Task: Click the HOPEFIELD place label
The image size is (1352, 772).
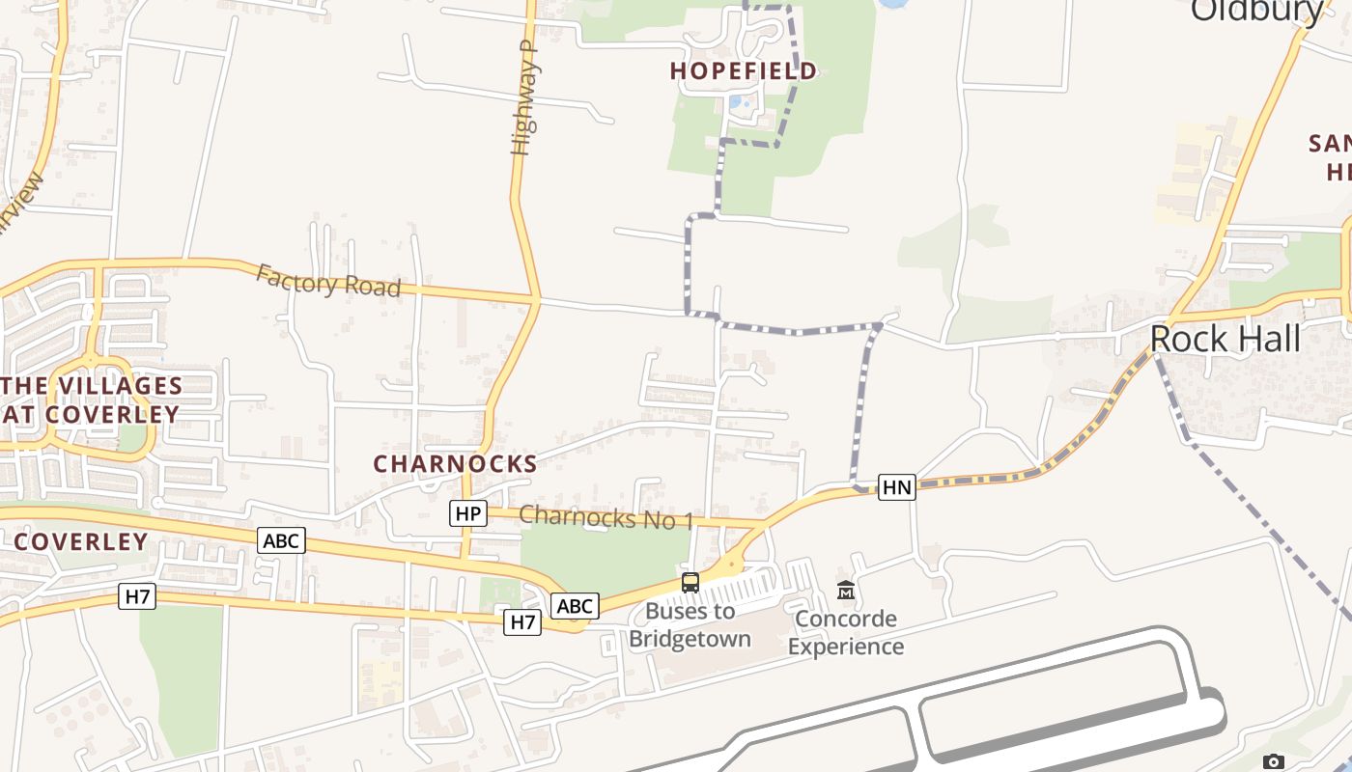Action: click(x=744, y=70)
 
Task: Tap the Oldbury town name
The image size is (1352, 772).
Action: click(x=1256, y=10)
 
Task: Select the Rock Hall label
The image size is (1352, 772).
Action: click(x=1225, y=339)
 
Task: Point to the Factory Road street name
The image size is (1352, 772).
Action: click(x=328, y=282)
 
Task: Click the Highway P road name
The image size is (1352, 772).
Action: click(x=523, y=96)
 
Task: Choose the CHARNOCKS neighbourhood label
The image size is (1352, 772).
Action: click(x=455, y=464)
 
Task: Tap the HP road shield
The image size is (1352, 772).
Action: click(x=468, y=513)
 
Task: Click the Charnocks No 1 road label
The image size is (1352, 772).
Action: click(x=606, y=517)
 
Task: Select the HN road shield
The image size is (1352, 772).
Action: click(x=896, y=487)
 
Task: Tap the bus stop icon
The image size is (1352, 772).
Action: click(x=690, y=582)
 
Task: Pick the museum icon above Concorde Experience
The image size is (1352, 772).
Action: click(x=846, y=590)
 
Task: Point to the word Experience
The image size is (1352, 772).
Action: click(x=846, y=646)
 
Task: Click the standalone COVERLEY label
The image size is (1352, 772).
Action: click(x=81, y=541)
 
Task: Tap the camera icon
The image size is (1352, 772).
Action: click(x=1274, y=762)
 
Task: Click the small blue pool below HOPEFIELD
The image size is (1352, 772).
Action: click(x=737, y=101)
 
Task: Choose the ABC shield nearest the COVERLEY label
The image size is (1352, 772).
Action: click(x=281, y=540)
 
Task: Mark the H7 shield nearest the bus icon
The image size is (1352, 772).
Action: click(x=522, y=622)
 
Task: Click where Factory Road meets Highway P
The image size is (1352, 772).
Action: click(x=535, y=297)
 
